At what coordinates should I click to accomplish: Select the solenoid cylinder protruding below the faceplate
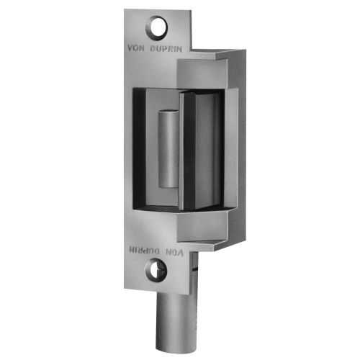point(171,317)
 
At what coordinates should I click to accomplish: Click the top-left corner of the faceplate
point(125,10)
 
